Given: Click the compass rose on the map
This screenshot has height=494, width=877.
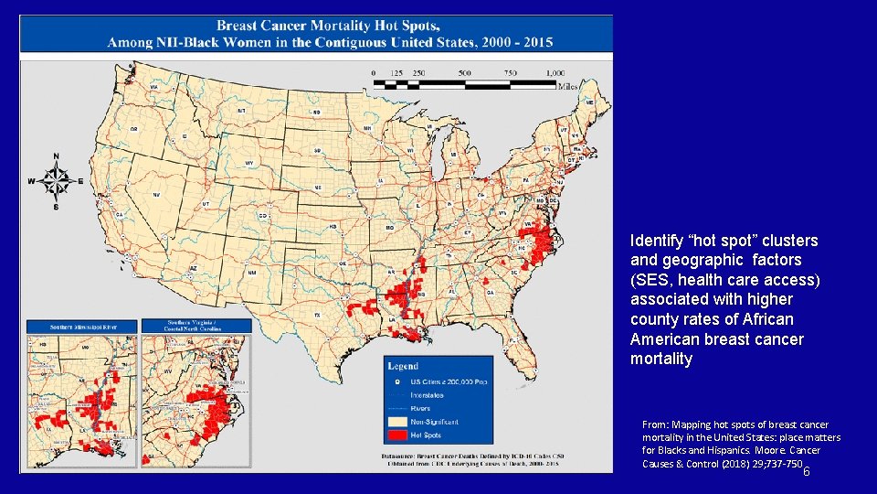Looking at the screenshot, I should click(x=56, y=181).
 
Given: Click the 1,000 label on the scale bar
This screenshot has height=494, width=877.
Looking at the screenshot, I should click(x=554, y=73).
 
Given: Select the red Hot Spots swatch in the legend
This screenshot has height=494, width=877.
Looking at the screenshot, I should click(x=396, y=435).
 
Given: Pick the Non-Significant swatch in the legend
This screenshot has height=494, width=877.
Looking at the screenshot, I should click(x=396, y=421).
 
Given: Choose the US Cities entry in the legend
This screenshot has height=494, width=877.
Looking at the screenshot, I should click(x=441, y=381).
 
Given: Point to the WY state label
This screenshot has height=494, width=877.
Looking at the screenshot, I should click(x=248, y=163).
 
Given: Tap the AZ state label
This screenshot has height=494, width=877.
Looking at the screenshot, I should click(x=194, y=268).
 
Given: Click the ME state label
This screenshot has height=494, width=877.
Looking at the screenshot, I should click(x=589, y=102).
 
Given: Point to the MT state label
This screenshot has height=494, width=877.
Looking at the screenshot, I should click(x=241, y=111).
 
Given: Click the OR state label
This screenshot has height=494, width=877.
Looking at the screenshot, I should click(x=133, y=129).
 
